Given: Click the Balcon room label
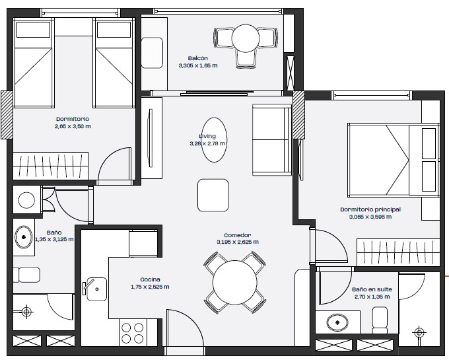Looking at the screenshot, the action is [x=198, y=58].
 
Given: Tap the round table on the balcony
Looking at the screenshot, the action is [x=246, y=38].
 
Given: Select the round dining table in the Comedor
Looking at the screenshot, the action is [x=235, y=283].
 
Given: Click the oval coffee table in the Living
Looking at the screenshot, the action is [x=215, y=140].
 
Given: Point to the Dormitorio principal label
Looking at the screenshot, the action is [x=370, y=209].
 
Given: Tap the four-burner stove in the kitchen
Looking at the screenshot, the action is [x=132, y=333].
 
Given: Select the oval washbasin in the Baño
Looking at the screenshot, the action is [x=24, y=237].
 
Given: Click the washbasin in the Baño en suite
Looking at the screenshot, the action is [x=337, y=322].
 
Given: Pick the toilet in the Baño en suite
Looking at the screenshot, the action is [x=380, y=320].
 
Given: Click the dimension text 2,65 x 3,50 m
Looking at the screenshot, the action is [x=73, y=126].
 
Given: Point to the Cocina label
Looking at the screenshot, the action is [x=150, y=279].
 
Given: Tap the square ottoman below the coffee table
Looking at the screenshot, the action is [x=213, y=196].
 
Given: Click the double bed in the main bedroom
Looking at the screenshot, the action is [x=394, y=160].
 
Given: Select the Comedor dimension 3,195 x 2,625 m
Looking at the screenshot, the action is [x=238, y=242].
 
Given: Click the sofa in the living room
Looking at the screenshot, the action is [x=272, y=139].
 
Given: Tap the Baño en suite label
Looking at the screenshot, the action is [x=372, y=289].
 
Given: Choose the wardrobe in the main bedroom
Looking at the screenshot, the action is [x=398, y=252].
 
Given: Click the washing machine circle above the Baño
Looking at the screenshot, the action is [x=26, y=200].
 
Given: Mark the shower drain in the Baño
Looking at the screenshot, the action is [x=26, y=311].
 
